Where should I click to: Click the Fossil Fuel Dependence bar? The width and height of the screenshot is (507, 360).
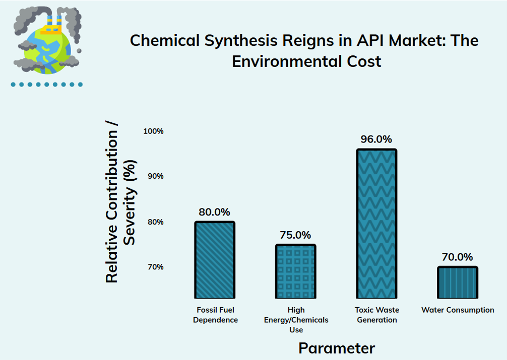215,260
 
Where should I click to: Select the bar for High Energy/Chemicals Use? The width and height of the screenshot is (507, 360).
296,271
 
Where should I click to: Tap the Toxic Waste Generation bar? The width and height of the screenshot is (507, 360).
376,224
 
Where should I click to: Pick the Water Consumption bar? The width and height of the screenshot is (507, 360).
458,282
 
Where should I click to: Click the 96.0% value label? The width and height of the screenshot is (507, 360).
376,139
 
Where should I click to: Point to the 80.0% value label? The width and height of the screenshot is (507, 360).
215,212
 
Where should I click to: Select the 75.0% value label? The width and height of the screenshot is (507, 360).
295,235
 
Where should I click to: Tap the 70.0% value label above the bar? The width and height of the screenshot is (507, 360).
458,257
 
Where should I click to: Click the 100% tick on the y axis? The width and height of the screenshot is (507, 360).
153,131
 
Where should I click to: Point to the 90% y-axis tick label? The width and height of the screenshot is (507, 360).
155,176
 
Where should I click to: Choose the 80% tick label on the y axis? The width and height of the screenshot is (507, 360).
155,222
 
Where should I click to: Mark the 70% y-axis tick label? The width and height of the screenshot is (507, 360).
155,267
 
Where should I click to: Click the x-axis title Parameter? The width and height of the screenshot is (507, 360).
337,348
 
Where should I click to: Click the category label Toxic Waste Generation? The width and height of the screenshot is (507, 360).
376,315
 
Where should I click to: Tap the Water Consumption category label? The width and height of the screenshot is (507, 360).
458,310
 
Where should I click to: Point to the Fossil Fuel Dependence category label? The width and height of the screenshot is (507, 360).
215,315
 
